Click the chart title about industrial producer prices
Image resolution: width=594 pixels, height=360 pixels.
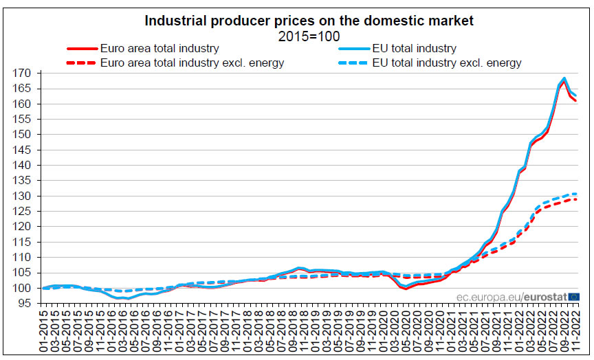tap(309, 21)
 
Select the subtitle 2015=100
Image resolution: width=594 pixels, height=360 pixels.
tap(309, 36)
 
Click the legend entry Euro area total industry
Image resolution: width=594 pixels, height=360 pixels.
tap(159, 49)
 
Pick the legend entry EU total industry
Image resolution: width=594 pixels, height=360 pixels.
tap(412, 49)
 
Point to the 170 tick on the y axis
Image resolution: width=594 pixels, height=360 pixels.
tap(27, 73)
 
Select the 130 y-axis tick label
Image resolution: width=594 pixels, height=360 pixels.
tap(27, 196)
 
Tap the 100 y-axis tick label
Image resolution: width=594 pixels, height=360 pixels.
tap(27, 288)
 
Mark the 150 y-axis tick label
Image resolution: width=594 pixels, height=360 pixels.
tap(27, 135)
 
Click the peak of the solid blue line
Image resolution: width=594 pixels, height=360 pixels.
tap(564, 78)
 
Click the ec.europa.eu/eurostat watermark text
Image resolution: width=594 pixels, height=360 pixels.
tap(510, 297)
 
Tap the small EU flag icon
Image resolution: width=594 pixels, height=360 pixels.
tap(573, 297)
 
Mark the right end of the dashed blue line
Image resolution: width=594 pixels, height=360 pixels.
tap(575, 194)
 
